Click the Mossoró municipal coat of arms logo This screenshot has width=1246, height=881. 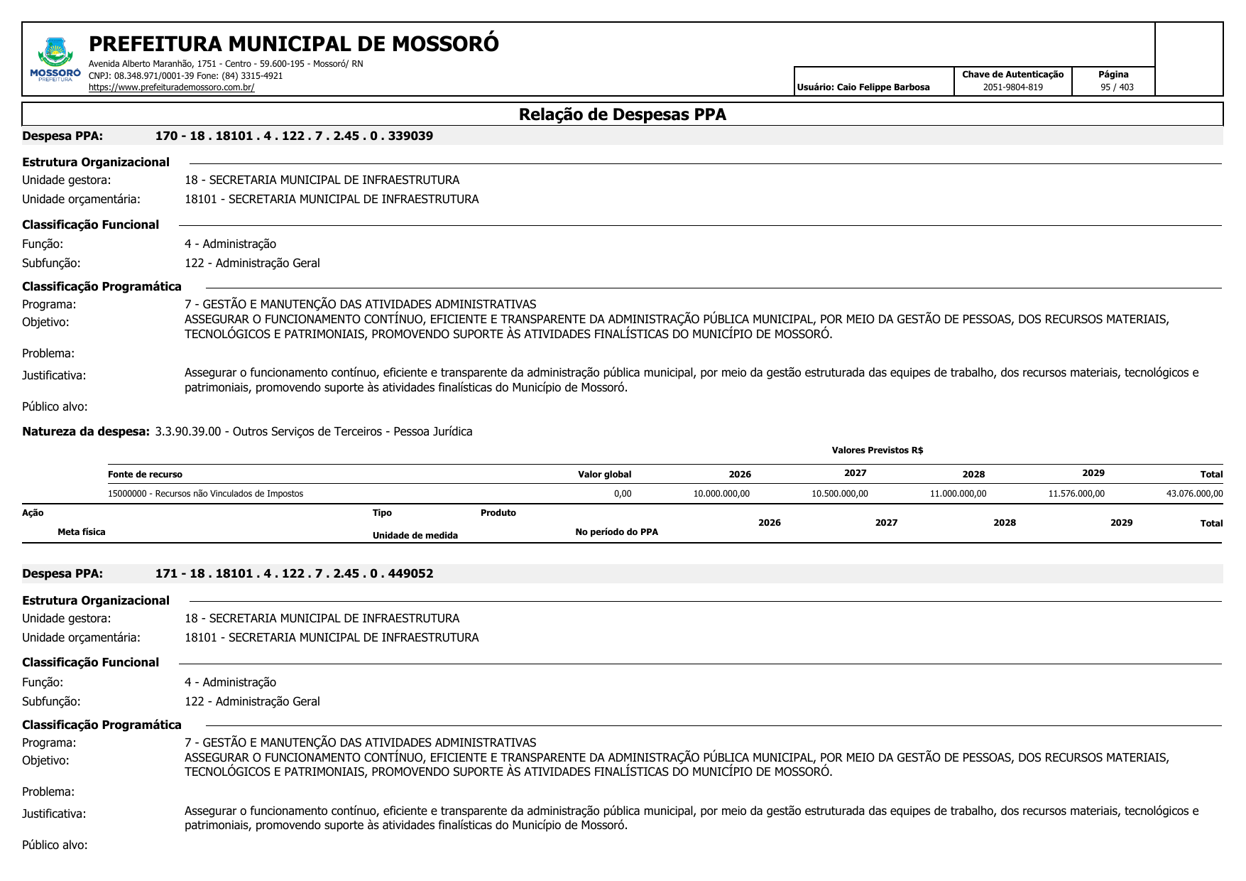pyautogui.click(x=55, y=57)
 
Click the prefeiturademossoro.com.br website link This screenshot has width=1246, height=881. pyautogui.click(x=171, y=87)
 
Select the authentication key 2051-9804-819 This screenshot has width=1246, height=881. pyautogui.click(x=1012, y=87)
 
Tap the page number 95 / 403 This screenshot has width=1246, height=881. pyautogui.click(x=1117, y=87)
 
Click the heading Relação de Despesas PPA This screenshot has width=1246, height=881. pyautogui.click(x=622, y=114)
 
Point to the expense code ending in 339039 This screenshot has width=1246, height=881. pyautogui.click(x=294, y=136)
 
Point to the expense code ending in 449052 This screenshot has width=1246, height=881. pyautogui.click(x=294, y=573)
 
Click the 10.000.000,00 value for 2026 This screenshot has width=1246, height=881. pyautogui.click(x=721, y=494)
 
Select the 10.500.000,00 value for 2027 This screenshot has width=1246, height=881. pyautogui.click(x=839, y=494)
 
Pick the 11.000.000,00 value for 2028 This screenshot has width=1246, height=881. pyautogui.click(x=958, y=494)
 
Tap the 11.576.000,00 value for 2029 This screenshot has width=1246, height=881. pyautogui.click(x=1076, y=494)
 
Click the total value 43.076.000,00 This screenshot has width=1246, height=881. pyautogui.click(x=1194, y=494)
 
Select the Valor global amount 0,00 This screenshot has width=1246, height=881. pyautogui.click(x=623, y=494)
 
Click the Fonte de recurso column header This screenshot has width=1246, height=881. pyautogui.click(x=145, y=475)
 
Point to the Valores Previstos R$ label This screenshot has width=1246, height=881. pyautogui.click(x=877, y=450)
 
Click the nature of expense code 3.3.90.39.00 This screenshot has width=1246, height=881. pyautogui.click(x=188, y=431)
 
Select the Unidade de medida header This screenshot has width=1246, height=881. pyautogui.click(x=415, y=536)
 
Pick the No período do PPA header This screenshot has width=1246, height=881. pyautogui.click(x=616, y=532)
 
